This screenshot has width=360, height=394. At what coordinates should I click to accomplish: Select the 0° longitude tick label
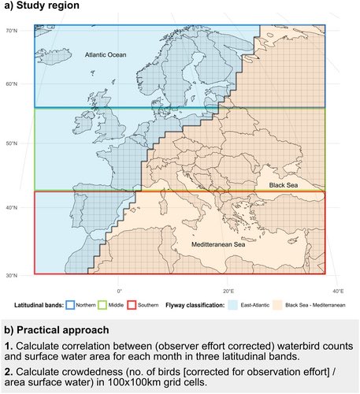pos(120,291)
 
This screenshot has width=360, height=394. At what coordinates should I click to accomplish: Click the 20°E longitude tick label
pos(228,291)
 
